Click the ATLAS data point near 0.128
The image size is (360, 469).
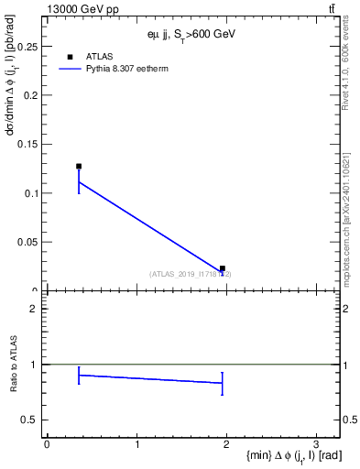79,167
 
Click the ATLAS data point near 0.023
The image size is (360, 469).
223,268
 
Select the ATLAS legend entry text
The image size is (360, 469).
100,56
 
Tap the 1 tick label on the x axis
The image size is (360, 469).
136,443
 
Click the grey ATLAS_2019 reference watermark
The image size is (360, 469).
191,274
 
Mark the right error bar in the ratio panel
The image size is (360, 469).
223,384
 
